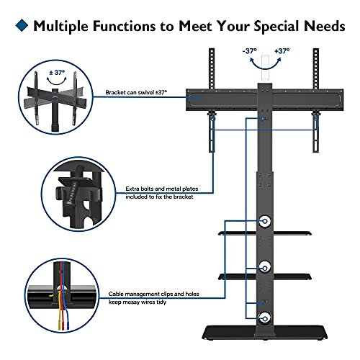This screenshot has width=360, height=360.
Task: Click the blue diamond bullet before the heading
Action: point(22,25)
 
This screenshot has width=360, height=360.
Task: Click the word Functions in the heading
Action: point(124,26)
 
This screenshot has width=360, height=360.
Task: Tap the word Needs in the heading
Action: point(325,26)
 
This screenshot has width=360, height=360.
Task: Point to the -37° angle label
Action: point(250,51)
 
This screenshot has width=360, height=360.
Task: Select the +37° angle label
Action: point(282,51)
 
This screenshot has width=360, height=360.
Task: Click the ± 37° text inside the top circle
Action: point(57,73)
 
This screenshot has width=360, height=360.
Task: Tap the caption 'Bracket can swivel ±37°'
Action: point(136,92)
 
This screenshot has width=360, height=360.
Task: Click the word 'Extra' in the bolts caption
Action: point(132,189)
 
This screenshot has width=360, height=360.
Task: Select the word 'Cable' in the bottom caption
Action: point(116,294)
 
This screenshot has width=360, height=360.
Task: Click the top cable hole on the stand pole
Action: point(265,221)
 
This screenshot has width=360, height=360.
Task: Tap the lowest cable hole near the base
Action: point(265,319)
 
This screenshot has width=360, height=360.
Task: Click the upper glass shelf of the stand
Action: point(265,233)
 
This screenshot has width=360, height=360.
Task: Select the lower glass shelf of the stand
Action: point(265,276)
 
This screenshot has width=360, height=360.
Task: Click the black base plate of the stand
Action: point(265,333)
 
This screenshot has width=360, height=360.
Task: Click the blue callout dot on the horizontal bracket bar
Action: point(198,97)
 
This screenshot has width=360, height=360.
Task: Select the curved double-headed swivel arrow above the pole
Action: point(265,68)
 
